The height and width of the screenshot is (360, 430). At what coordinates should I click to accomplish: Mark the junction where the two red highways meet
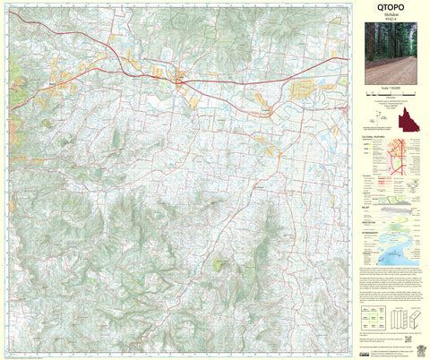[x=180, y=81]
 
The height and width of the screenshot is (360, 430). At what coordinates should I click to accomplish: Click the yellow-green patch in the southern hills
[x=219, y=263]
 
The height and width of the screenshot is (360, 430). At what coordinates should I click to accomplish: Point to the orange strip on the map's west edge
[x=8, y=88]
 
